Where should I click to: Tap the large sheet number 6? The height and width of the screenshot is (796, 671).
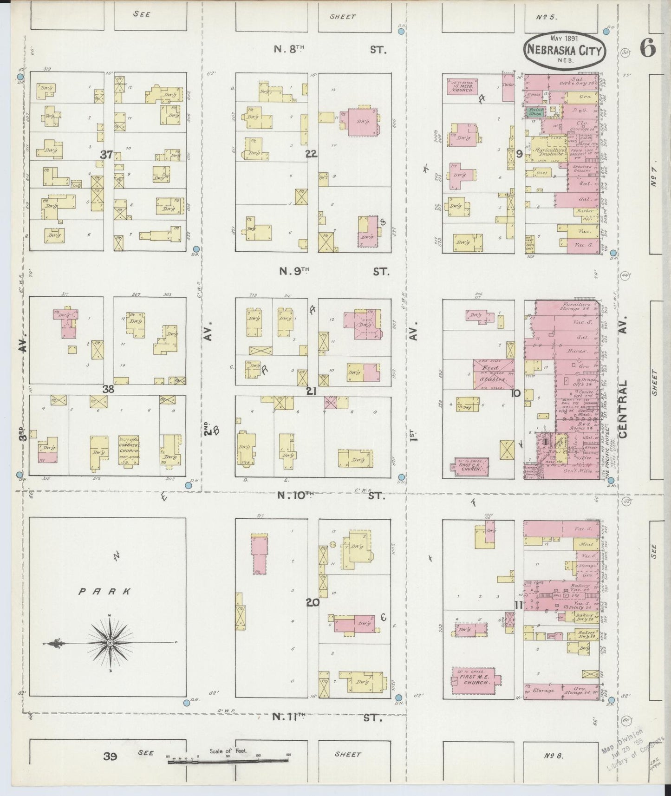(x=648, y=47)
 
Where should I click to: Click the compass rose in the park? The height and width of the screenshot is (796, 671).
(x=110, y=642)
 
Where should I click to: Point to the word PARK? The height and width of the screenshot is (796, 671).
(x=104, y=592)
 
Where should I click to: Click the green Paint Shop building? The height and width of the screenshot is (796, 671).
(x=536, y=111)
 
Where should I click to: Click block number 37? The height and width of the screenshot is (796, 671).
(x=107, y=155)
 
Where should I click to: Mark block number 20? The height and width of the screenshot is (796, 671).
(x=313, y=602)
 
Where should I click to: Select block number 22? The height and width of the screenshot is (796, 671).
(x=311, y=154)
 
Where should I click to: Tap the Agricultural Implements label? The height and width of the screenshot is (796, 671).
(x=550, y=151)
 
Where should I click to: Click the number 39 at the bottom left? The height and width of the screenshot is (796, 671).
(x=110, y=757)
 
